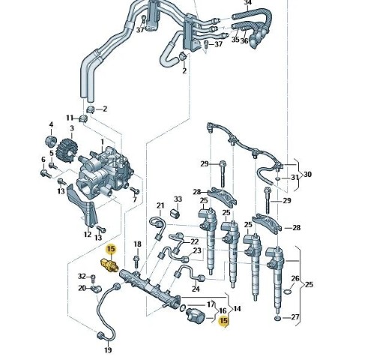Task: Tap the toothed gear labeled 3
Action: (x=67, y=150)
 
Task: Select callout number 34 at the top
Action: (x=247, y=2)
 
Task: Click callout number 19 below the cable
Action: (x=108, y=349)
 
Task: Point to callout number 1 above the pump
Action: (x=102, y=142)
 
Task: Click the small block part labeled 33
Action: (x=175, y=213)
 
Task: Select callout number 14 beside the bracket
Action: (x=237, y=309)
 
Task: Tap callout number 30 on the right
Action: (x=307, y=174)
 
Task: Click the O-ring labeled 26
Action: (x=288, y=292)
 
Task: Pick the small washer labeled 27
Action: (x=277, y=319)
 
